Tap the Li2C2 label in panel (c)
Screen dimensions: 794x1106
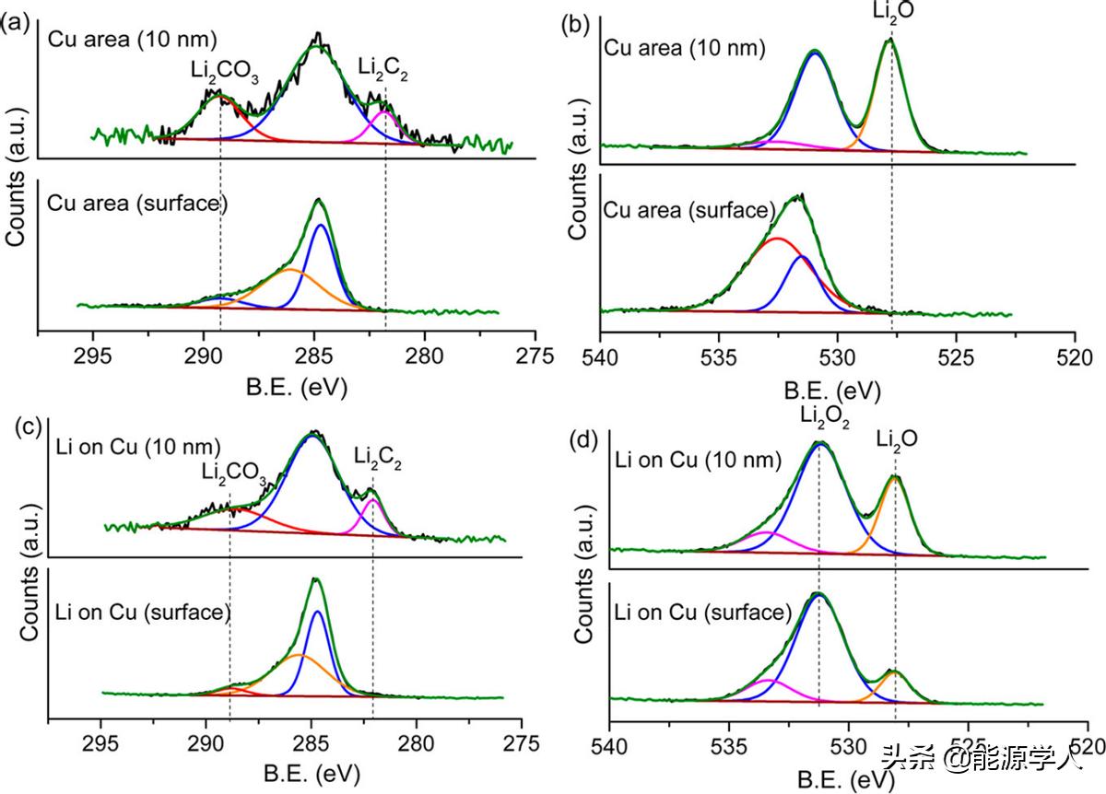point(378,454)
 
